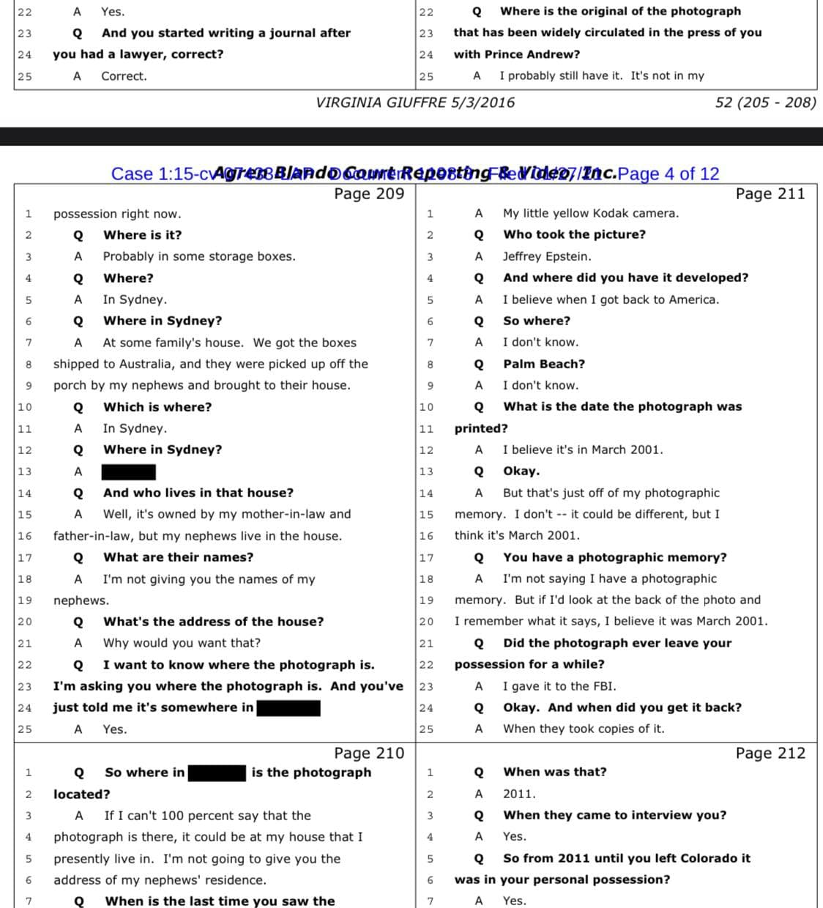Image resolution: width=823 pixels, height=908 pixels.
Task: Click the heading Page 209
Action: pyautogui.click(x=369, y=193)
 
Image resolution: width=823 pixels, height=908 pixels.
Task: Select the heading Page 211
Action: pyautogui.click(x=770, y=193)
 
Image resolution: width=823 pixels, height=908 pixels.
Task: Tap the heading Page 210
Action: pyautogui.click(x=369, y=753)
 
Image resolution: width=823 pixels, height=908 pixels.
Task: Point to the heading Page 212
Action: pyautogui.click(x=770, y=753)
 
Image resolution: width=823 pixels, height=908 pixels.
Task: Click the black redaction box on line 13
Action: pyautogui.click(x=128, y=472)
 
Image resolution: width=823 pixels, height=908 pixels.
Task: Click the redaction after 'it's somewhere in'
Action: pyautogui.click(x=288, y=707)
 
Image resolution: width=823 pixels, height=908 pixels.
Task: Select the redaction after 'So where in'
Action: pyautogui.click(x=217, y=773)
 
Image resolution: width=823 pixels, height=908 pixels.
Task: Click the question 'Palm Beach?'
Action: pyautogui.click(x=543, y=364)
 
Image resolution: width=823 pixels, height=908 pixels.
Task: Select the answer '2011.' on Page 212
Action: pyautogui.click(x=518, y=794)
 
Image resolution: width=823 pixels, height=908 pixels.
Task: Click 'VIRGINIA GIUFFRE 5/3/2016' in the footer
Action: pyautogui.click(x=415, y=103)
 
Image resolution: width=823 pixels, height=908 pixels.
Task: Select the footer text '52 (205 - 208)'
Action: pyautogui.click(x=765, y=103)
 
